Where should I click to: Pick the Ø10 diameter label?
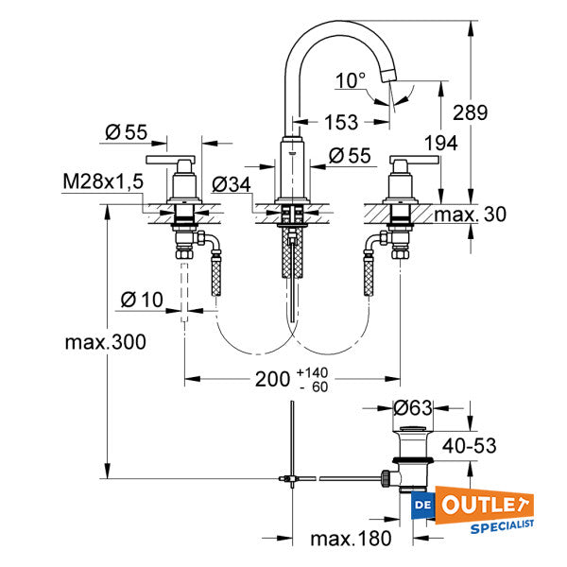pos(143,301)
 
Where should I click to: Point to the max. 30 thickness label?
pos(470,215)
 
